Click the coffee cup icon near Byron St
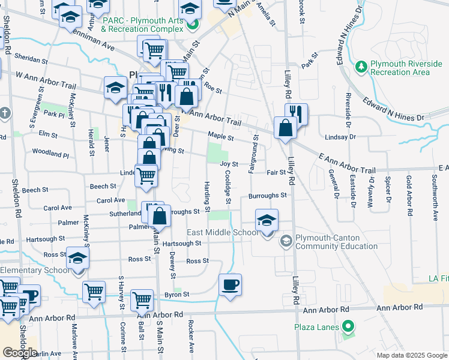pos(230,284)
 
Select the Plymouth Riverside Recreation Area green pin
pos(361,65)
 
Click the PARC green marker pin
pos(192,25)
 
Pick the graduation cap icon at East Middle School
pos(267,219)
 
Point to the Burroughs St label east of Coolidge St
pos(267,196)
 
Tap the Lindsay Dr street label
pos(340,137)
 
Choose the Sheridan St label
pos(32,61)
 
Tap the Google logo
pos(20,352)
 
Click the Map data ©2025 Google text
pos(411,355)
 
